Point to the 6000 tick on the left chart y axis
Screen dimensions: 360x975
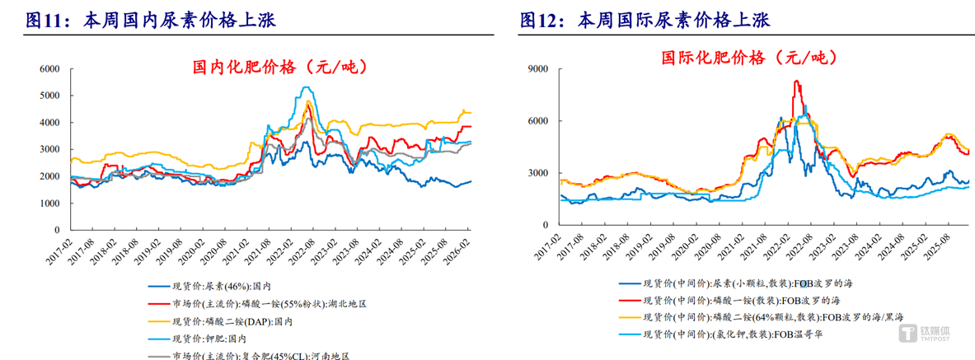coord(50,69)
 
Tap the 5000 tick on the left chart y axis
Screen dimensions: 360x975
coord(50,96)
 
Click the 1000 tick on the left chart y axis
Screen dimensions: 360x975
coord(50,203)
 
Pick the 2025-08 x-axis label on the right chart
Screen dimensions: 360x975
coord(940,243)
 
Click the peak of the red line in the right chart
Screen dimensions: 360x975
coord(795,81)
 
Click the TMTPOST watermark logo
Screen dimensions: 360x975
coord(929,333)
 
